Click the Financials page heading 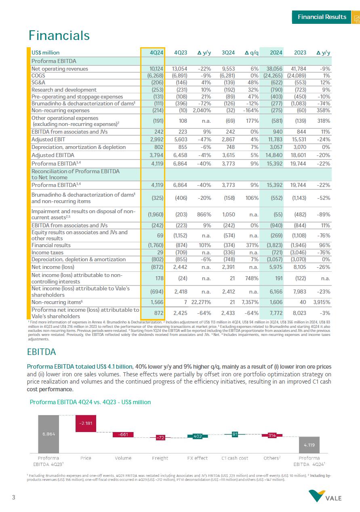click(x=59, y=36)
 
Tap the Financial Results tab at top click(x=322, y=17)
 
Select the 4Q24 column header click(x=156, y=52)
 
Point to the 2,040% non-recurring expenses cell click(x=202, y=110)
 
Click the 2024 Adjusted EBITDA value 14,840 click(x=274, y=155)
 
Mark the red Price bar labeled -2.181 click(x=86, y=423)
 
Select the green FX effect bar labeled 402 click(x=198, y=436)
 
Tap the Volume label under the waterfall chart click(x=123, y=458)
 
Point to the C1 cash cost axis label click(x=235, y=458)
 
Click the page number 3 click(x=14, y=497)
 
